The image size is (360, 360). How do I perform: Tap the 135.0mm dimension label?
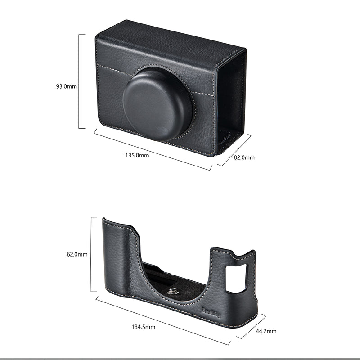[137, 155]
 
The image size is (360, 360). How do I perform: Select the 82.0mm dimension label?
[244, 157]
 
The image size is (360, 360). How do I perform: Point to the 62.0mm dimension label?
[77, 254]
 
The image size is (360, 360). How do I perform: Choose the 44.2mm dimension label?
[265, 331]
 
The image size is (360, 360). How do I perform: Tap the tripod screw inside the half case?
[171, 291]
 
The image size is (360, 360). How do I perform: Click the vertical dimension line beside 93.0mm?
[79, 81]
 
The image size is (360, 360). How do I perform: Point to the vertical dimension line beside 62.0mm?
[91, 254]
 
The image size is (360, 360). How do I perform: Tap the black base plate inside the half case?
[189, 288]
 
